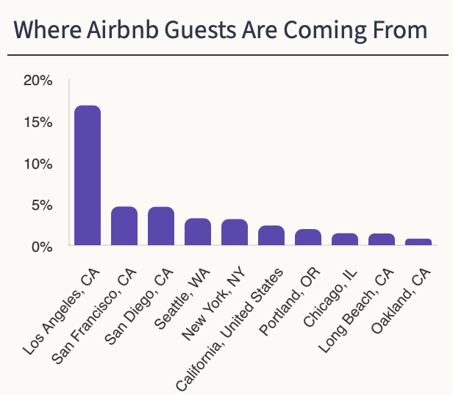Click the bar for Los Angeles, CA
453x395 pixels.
point(88,175)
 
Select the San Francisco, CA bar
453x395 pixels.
point(124,226)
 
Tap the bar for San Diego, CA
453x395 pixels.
point(161,226)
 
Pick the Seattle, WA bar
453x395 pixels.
point(198,232)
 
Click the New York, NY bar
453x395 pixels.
point(235,232)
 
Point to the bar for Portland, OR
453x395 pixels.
point(308,237)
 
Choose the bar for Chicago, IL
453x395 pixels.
point(345,239)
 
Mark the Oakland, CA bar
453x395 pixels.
point(418,242)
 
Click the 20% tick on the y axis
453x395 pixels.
point(38,80)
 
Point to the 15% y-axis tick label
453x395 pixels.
point(38,122)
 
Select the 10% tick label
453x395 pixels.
point(38,163)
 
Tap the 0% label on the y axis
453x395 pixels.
point(43,246)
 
